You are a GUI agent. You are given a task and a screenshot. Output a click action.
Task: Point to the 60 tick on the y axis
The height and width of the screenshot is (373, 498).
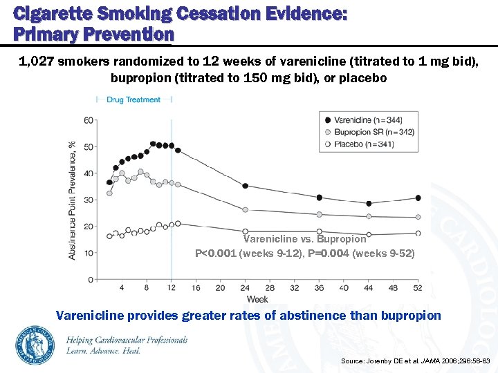coord(89,120)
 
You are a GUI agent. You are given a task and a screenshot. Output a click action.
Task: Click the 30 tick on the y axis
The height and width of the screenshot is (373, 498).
coord(89,200)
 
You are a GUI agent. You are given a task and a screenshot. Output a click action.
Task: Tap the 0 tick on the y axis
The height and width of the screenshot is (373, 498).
coord(91,279)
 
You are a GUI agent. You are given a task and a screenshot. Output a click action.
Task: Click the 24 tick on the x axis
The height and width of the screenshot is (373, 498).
coord(245,288)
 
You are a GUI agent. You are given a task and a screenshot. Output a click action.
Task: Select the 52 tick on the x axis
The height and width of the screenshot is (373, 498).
coord(418,288)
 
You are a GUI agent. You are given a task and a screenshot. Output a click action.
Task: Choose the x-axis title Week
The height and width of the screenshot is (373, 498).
coord(257,299)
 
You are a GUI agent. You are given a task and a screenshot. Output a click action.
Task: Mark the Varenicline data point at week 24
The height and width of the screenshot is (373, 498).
coord(245,186)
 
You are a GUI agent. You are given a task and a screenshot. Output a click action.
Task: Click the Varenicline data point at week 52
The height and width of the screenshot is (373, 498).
coord(418,198)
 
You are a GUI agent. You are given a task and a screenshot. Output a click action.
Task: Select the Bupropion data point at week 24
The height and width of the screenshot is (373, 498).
coord(245,210)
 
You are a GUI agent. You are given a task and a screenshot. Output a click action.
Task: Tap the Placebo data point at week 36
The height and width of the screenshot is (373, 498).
coord(319,231)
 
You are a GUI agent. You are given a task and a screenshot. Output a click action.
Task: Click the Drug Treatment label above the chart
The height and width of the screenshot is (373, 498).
coord(133,99)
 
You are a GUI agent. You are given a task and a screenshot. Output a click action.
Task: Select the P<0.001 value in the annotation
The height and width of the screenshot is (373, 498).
coord(216,254)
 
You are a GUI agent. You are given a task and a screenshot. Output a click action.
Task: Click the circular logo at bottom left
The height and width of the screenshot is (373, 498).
coord(35,345)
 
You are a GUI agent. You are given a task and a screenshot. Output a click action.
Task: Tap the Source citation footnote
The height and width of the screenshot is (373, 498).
coord(415,361)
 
